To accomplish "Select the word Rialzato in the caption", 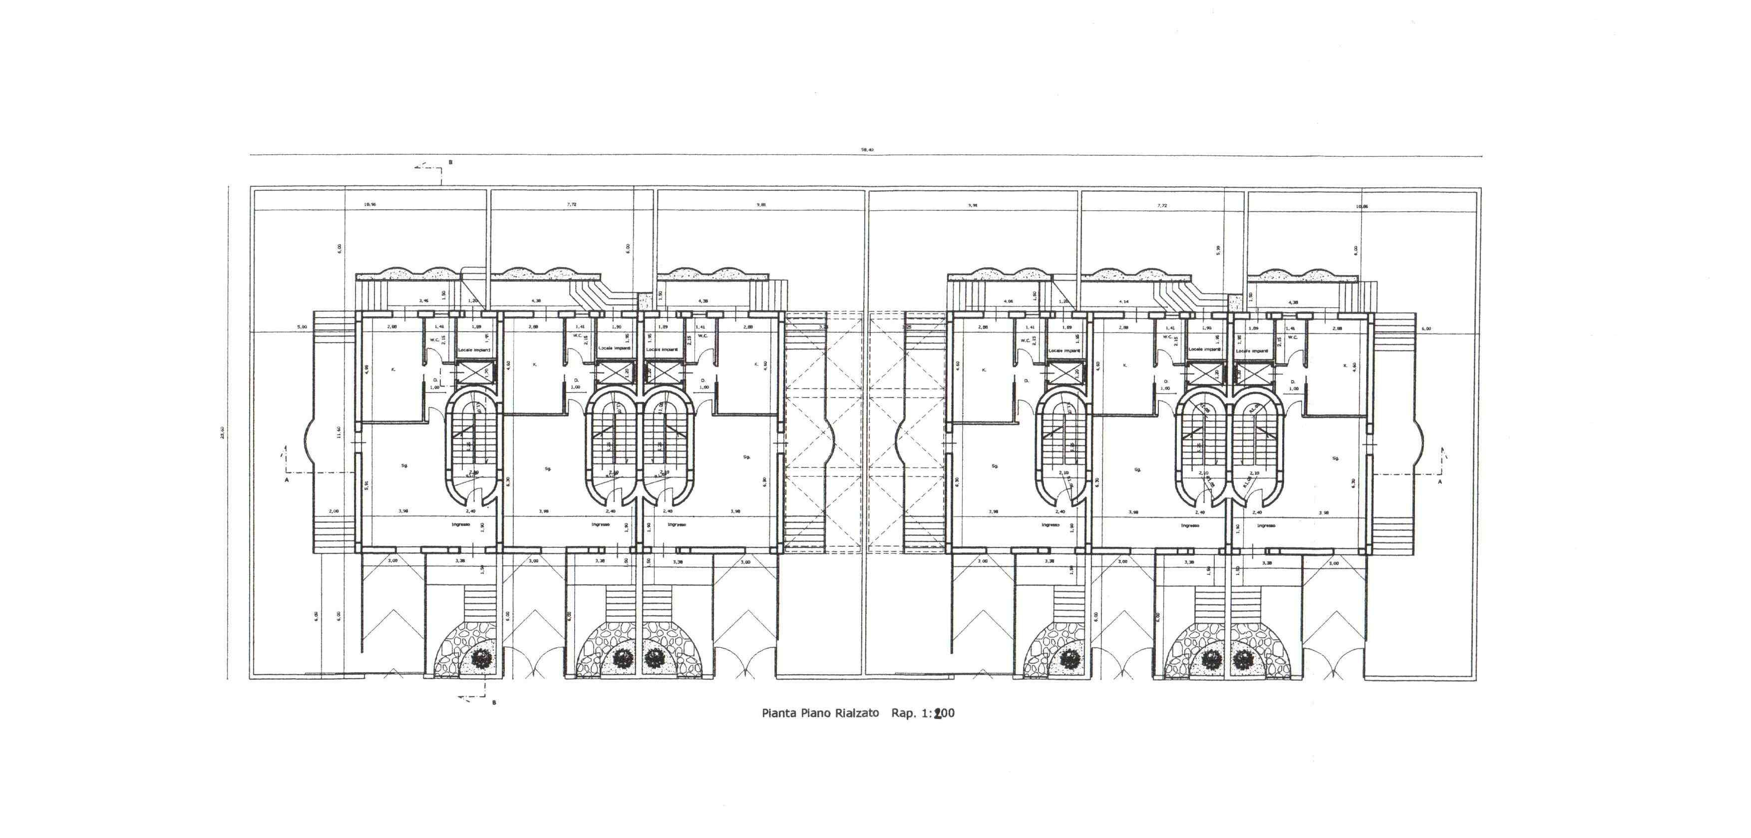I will coord(858,713).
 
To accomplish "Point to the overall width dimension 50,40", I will coord(867,149).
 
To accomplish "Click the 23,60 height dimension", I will coord(222,432).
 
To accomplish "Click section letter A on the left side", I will coord(287,480).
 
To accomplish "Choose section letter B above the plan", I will coord(450,162).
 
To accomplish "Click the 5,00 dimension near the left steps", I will coord(302,327).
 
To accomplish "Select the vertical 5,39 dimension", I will coord(1219,249).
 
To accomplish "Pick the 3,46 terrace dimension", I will coord(423,301).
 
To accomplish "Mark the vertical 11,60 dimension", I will coord(339,432).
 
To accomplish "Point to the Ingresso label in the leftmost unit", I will coord(461,524).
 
